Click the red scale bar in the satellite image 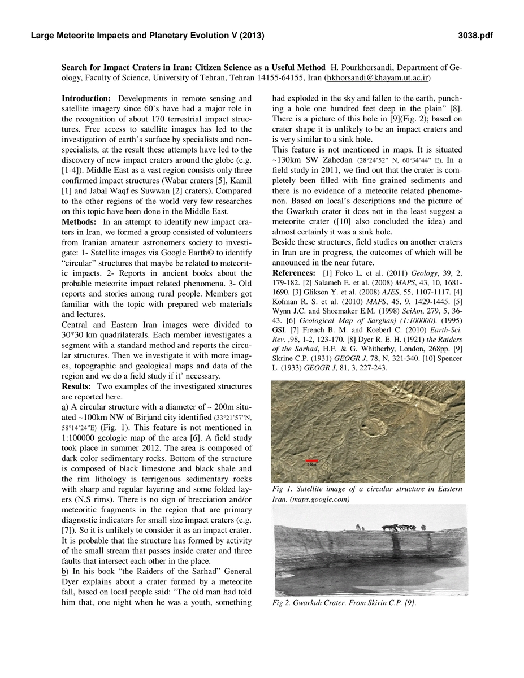(x=312, y=460)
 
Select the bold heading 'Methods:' (x=79, y=221)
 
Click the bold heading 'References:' (x=295, y=273)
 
